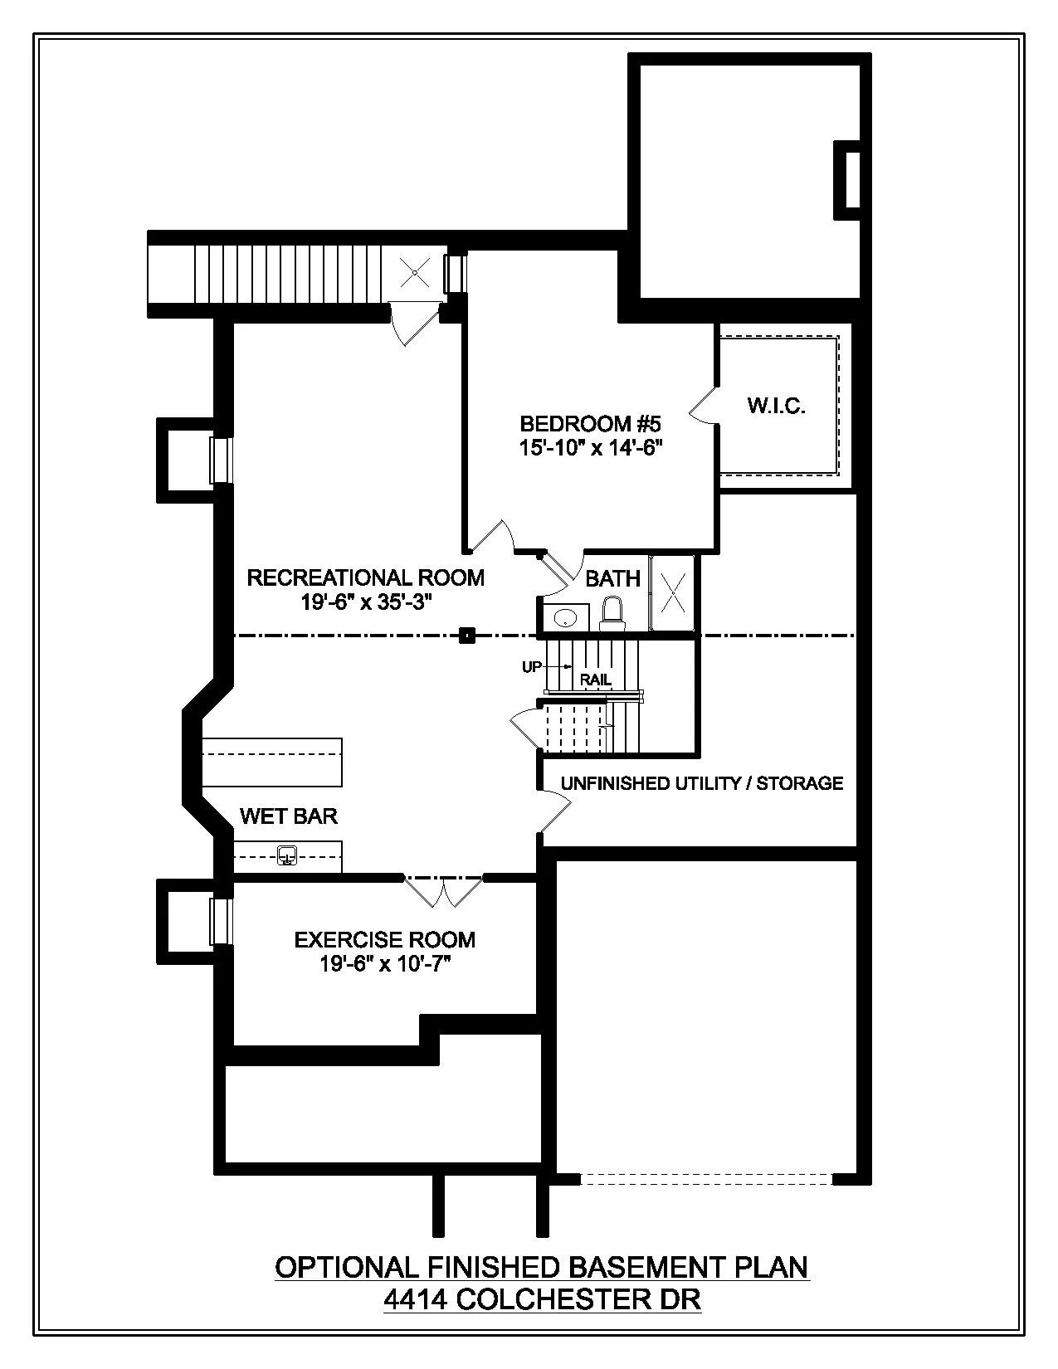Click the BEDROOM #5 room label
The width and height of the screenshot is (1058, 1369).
590,424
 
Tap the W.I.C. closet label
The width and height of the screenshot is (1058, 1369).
777,406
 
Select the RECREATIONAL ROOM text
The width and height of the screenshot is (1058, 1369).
365,577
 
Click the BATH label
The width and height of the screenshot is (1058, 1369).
612,578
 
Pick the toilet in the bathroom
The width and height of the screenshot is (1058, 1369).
612,614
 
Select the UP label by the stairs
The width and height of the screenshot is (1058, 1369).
532,666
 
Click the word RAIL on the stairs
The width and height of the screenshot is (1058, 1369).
596,680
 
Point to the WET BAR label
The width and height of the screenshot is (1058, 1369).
289,816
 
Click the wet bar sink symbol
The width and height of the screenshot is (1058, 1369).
287,855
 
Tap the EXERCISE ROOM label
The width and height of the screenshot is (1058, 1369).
384,940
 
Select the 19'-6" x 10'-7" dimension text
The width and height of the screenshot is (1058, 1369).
384,964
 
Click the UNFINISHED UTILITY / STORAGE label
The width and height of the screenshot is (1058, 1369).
701,783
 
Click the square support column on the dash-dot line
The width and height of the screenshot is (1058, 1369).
468,636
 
